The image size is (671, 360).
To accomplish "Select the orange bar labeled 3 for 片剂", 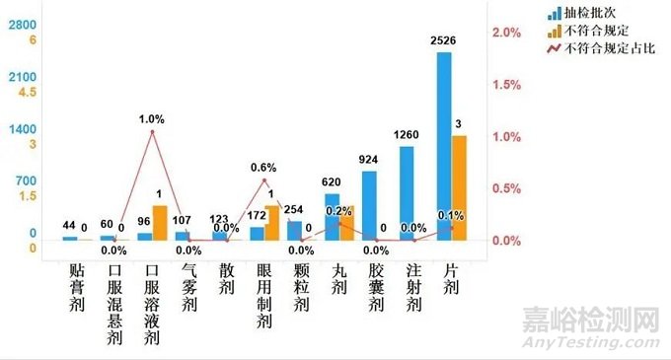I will tap(460, 187).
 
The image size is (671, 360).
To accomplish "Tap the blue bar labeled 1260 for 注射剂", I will tap(407, 192).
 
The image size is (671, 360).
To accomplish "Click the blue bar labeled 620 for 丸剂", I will tap(332, 216).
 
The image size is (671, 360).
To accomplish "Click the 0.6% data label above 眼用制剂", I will tap(262, 167).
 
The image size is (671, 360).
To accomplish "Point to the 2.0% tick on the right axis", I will tap(506, 34).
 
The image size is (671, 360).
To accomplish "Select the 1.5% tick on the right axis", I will tap(506, 85).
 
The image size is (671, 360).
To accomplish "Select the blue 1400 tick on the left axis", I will tap(23, 129).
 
